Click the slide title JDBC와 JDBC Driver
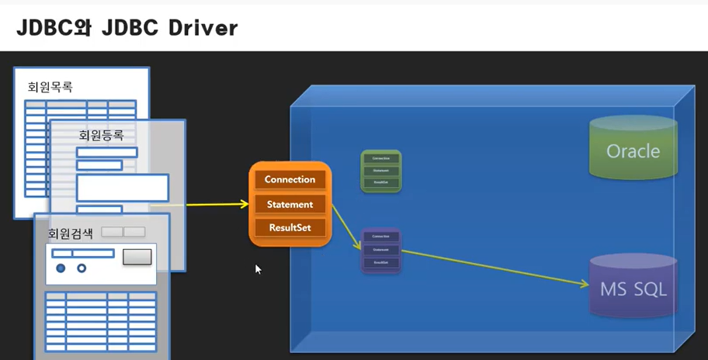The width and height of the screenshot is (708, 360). tap(127, 27)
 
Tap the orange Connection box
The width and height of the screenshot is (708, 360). tap(290, 179)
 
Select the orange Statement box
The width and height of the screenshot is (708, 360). tap(290, 204)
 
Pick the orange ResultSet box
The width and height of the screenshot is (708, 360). tap(290, 228)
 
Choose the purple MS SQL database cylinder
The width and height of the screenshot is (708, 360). tap(633, 289)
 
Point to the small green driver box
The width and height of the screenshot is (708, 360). tap(380, 171)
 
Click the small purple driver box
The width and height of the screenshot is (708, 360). tap(380, 250)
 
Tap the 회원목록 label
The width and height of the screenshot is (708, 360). tap(50, 86)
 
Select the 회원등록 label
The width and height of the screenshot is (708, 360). tap(101, 135)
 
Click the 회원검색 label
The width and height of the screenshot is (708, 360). tap(70, 232)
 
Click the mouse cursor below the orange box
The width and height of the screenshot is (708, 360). tap(258, 268)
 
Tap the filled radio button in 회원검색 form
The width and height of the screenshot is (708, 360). tap(61, 268)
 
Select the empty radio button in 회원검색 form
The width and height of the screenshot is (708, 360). tap(81, 268)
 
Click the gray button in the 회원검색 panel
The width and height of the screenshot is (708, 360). tap(137, 256)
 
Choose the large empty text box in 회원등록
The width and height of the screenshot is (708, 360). tap(122, 188)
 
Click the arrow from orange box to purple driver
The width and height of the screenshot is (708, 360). tap(347, 227)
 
